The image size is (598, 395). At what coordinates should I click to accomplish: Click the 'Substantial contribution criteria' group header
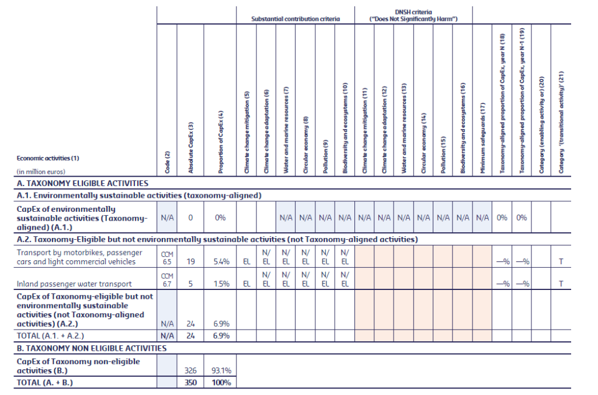point(295,19)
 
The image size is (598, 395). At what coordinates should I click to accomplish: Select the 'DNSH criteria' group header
point(413,15)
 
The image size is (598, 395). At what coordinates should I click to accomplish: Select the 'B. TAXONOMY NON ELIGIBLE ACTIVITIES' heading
point(92,348)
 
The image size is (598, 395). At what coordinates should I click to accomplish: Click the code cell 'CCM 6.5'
point(166,258)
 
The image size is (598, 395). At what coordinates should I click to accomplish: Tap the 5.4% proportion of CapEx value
point(220,262)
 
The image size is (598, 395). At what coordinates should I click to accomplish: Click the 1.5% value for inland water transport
point(220,284)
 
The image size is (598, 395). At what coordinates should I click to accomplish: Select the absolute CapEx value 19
point(190,262)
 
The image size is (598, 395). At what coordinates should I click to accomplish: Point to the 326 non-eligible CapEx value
point(190,370)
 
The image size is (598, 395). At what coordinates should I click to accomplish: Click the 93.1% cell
point(220,370)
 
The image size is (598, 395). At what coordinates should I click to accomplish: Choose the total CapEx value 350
point(190,383)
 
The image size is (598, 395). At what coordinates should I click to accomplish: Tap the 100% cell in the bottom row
point(221,383)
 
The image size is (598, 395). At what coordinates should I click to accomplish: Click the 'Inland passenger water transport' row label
point(74,284)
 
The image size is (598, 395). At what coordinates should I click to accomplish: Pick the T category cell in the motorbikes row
point(561,262)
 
